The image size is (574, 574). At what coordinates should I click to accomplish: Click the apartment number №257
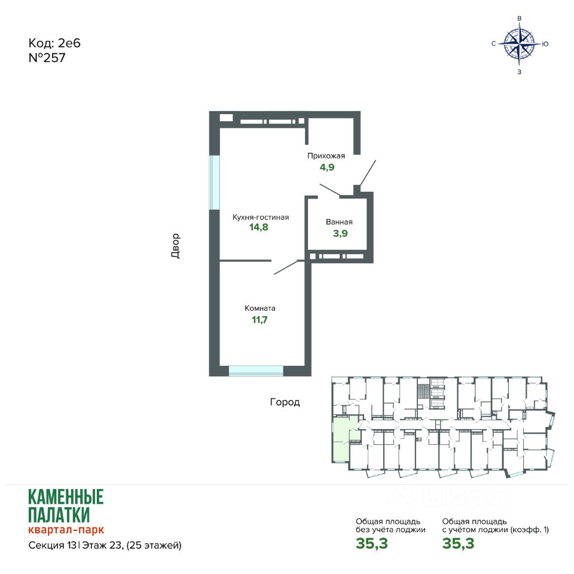click(x=47, y=58)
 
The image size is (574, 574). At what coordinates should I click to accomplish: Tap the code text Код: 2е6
click(x=54, y=43)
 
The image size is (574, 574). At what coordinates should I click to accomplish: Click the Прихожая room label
click(x=326, y=156)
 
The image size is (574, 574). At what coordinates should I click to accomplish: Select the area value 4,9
click(x=327, y=167)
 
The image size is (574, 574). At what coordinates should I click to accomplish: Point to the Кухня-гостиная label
click(x=261, y=217)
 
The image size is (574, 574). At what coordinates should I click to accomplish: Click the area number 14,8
click(x=259, y=227)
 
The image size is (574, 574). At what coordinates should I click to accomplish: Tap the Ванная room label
click(x=339, y=222)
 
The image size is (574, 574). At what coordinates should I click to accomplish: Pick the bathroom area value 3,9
click(x=340, y=233)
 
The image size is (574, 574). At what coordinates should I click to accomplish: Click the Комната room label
click(x=260, y=309)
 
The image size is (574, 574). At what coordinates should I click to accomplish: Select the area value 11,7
click(x=259, y=319)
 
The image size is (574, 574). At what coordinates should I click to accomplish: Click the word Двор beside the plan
click(x=176, y=246)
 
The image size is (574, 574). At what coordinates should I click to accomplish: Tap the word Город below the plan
click(x=285, y=402)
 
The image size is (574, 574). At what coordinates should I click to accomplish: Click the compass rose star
click(x=519, y=44)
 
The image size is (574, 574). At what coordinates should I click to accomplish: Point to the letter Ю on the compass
click(x=545, y=44)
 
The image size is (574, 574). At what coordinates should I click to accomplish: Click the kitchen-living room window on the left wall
click(x=214, y=182)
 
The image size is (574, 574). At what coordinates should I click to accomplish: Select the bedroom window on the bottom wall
click(x=257, y=371)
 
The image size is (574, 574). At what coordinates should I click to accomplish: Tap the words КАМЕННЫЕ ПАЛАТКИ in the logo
click(x=66, y=506)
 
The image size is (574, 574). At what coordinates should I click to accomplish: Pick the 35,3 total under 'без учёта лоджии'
click(x=371, y=544)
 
